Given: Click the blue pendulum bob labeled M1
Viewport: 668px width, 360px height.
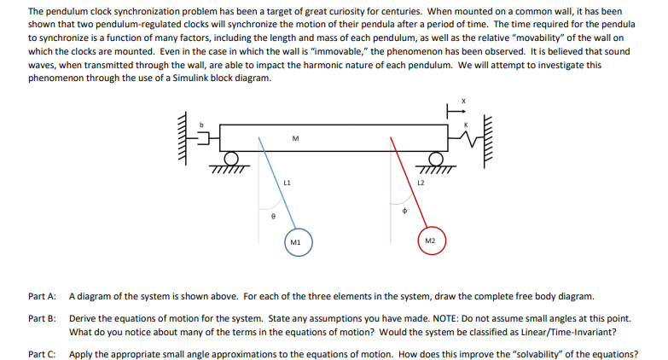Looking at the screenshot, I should point(295,242).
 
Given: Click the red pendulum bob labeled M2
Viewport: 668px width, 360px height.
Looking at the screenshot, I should point(431,241).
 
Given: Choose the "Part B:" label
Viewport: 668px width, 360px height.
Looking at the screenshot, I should point(42,317).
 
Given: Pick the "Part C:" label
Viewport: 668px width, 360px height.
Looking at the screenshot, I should point(42,353).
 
